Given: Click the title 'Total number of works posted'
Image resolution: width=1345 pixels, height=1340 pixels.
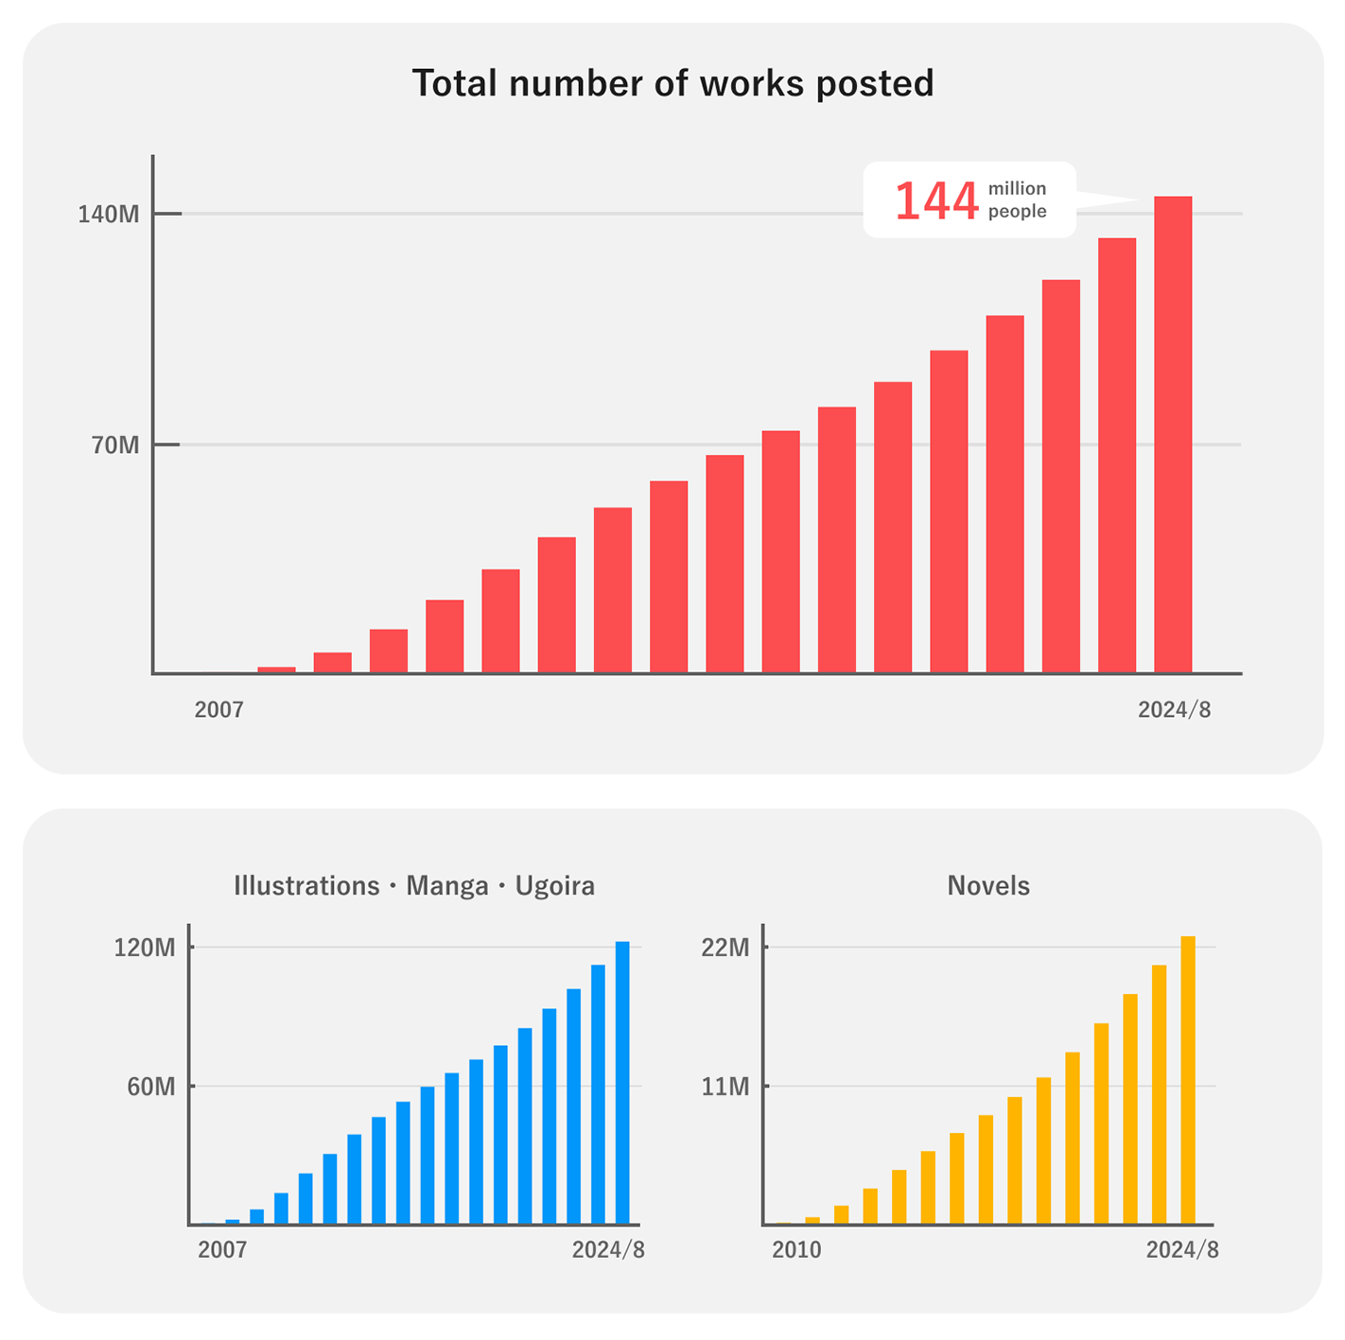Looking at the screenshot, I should [672, 83].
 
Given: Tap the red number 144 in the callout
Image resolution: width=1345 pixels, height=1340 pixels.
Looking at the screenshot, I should [935, 200].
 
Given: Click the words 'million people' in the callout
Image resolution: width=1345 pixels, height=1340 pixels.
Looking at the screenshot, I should [1017, 200].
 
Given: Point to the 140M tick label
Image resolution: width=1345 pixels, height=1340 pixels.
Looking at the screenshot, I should [109, 215].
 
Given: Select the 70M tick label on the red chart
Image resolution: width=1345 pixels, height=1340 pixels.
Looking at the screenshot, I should [115, 444].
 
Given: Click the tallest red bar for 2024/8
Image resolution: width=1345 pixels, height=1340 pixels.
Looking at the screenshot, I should [1173, 434].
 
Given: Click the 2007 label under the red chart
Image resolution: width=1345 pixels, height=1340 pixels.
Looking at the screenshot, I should [218, 709].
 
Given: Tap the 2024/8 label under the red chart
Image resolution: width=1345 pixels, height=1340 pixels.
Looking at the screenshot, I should [1174, 709].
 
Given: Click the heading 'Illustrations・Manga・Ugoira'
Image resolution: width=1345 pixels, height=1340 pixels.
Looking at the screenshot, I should [414, 886].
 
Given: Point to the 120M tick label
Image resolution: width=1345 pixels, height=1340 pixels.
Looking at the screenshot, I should [145, 948].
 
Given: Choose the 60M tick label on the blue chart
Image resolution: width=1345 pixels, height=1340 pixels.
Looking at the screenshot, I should [151, 1087].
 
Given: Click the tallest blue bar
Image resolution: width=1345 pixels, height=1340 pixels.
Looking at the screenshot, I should [622, 1082].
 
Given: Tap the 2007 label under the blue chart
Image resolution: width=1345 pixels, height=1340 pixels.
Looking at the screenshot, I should [222, 1250].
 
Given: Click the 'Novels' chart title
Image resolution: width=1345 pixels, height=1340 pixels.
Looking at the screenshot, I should [988, 886].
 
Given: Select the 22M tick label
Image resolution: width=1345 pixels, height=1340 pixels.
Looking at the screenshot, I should [725, 948].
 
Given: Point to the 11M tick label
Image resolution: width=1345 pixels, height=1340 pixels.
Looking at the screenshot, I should [725, 1087].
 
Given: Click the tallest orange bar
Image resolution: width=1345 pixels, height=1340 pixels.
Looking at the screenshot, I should [1188, 1080].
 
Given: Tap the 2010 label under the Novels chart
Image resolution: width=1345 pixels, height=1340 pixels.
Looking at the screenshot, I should [796, 1250].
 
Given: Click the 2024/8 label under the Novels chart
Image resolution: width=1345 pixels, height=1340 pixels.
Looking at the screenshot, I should [1182, 1250].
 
